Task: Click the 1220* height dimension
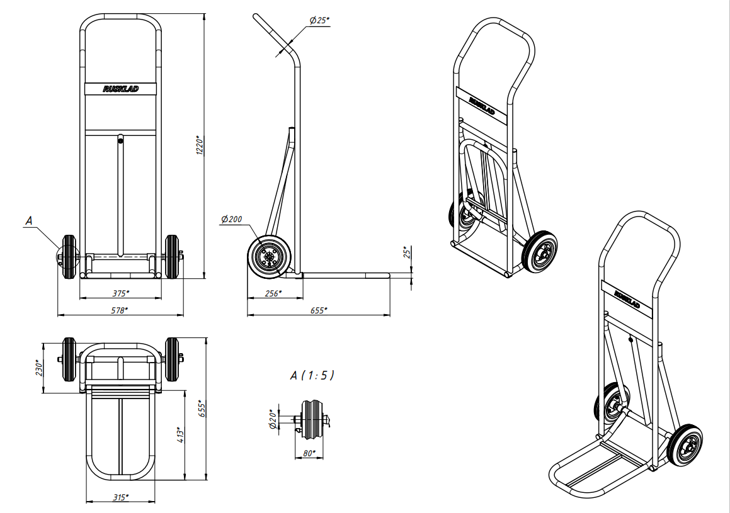tap(200, 145)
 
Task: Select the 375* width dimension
tap(120, 293)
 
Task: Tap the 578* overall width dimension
tap(120, 310)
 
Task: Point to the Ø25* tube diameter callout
tap(319, 20)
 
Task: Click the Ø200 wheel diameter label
tap(232, 219)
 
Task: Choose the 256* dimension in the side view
tap(273, 293)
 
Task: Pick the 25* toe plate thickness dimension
tap(408, 252)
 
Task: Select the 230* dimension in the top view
tap(40, 368)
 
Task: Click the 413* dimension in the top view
tap(181, 434)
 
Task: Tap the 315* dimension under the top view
tap(120, 497)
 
